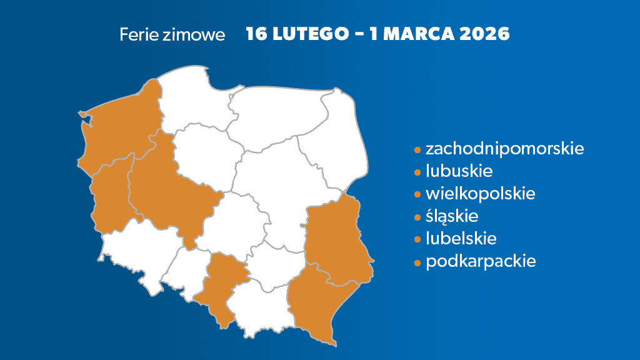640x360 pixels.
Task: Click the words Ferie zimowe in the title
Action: pyautogui.click(x=172, y=34)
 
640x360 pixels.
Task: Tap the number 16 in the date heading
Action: pyautogui.click(x=256, y=34)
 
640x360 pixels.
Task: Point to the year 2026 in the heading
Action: pyautogui.click(x=484, y=34)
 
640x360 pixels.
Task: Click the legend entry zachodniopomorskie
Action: pyautogui.click(x=504, y=149)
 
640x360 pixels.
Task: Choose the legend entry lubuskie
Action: pyautogui.click(x=459, y=171)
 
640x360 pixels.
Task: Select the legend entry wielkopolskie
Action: pyautogui.click(x=480, y=193)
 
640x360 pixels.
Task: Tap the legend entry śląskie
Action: pyautogui.click(x=451, y=216)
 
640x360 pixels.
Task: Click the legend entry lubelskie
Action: pyautogui.click(x=461, y=238)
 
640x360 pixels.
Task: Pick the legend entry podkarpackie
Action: pyautogui.click(x=481, y=261)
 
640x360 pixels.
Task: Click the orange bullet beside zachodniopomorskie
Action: pyautogui.click(x=417, y=150)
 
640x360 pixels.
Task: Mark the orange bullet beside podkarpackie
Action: pyautogui.click(x=417, y=262)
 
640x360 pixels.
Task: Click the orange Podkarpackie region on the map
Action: pyautogui.click(x=316, y=303)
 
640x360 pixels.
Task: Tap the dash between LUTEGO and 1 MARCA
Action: pyautogui.click(x=359, y=34)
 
